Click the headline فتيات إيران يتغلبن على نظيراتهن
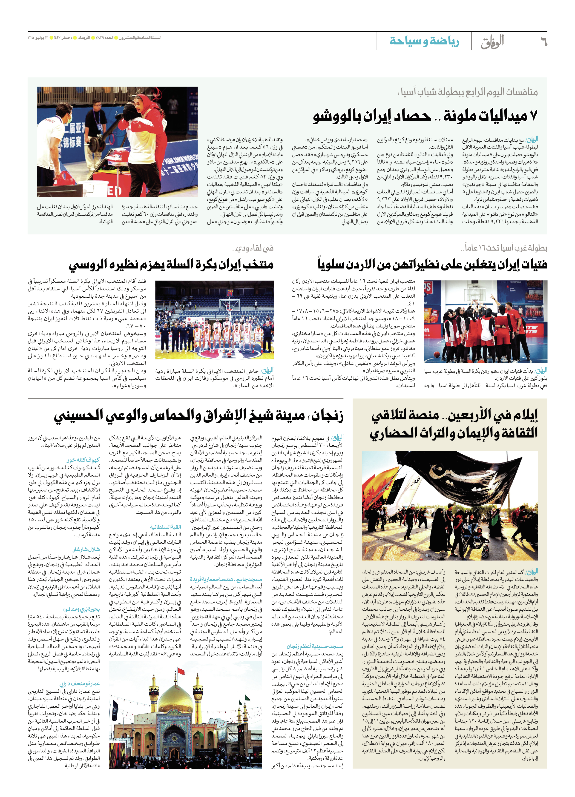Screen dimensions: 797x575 pos(432,264)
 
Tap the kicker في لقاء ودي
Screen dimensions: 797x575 pos(253,248)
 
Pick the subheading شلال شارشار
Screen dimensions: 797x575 pos(86,549)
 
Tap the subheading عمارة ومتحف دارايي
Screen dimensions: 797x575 pos(80,683)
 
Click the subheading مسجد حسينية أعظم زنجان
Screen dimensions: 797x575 pos(315,646)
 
